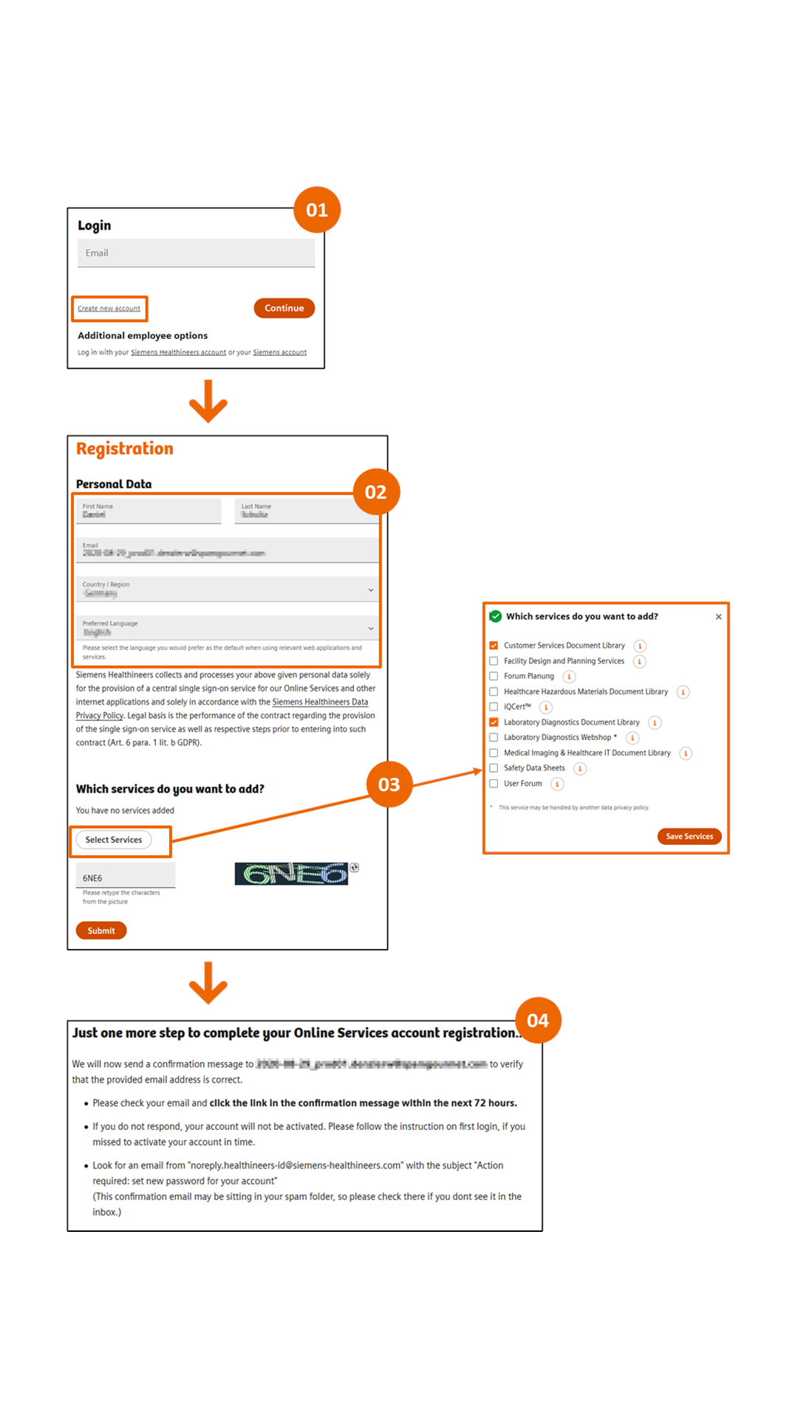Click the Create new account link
(x=109, y=309)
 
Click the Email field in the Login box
(x=196, y=253)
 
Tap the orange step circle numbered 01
(x=317, y=210)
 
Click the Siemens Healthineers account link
(x=178, y=352)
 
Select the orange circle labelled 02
(x=376, y=492)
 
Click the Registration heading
(x=125, y=449)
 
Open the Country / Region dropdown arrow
(x=371, y=590)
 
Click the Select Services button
(x=114, y=840)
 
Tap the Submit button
(x=101, y=931)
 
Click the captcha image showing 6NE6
(x=291, y=874)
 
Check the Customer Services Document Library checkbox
(x=494, y=645)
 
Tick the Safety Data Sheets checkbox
(x=494, y=768)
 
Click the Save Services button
(x=689, y=837)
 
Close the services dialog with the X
(x=718, y=617)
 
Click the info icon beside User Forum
(x=557, y=784)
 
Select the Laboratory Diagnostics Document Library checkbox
(x=494, y=722)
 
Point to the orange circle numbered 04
(x=538, y=1021)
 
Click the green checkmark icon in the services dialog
(x=496, y=617)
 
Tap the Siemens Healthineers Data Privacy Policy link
(x=320, y=702)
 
